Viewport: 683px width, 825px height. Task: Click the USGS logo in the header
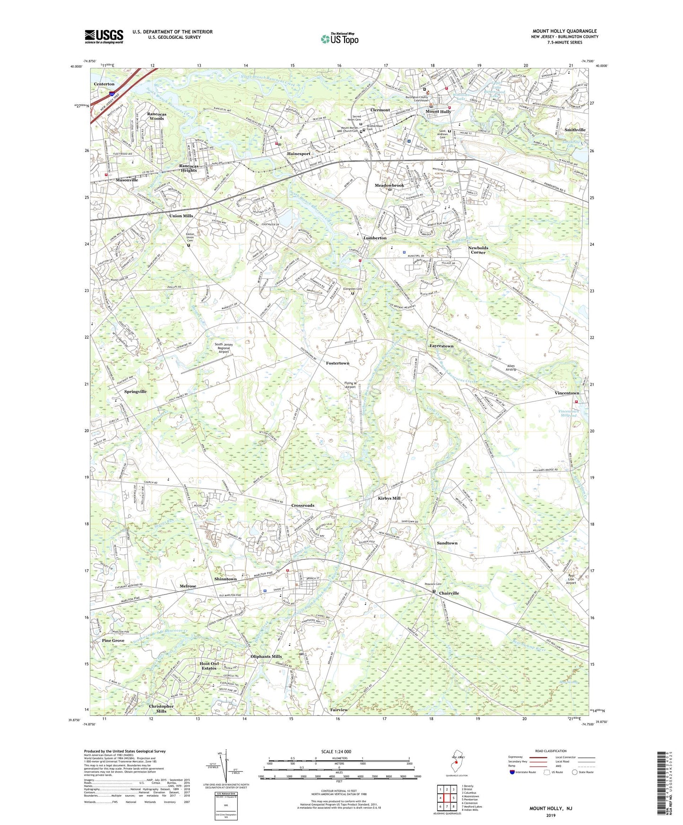tap(104, 36)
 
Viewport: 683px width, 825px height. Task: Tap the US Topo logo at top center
tap(339, 39)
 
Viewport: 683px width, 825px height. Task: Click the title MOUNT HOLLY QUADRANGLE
tap(564, 31)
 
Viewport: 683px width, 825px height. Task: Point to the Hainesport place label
tap(298, 154)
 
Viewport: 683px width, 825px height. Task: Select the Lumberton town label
tap(375, 238)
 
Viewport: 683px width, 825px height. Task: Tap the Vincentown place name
tap(567, 393)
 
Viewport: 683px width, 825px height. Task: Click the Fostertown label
tap(337, 363)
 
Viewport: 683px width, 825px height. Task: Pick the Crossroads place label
tap(303, 506)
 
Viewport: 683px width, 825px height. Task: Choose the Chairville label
tap(449, 593)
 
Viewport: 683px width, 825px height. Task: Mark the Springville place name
tap(135, 392)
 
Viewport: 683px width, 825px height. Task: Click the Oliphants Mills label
tap(266, 656)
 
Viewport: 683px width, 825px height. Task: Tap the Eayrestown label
tap(441, 346)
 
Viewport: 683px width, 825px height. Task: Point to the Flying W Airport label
tap(350, 385)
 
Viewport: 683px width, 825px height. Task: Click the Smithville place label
tap(575, 129)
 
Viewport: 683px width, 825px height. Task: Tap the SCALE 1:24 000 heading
tap(336, 751)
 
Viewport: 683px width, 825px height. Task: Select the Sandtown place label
tap(447, 543)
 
